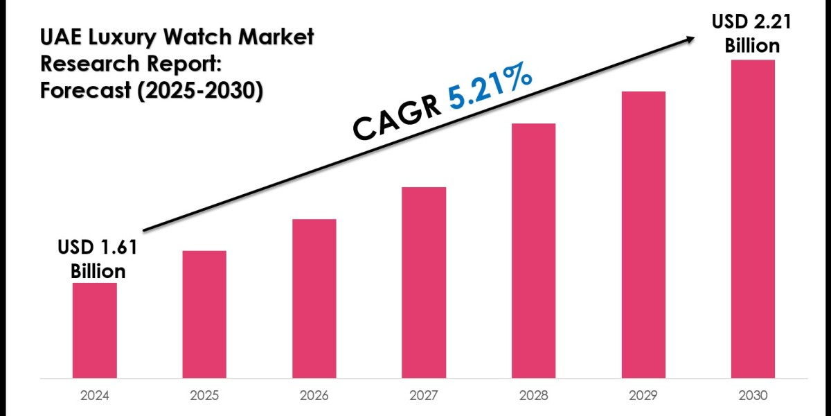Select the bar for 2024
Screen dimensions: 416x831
94,330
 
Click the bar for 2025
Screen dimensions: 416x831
204,314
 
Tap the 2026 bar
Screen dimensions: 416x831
314,298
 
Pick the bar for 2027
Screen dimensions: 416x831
424,282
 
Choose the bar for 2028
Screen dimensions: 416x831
534,250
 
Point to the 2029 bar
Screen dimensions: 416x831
643,234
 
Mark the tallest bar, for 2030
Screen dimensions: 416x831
753,218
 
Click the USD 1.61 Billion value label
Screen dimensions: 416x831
98,259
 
